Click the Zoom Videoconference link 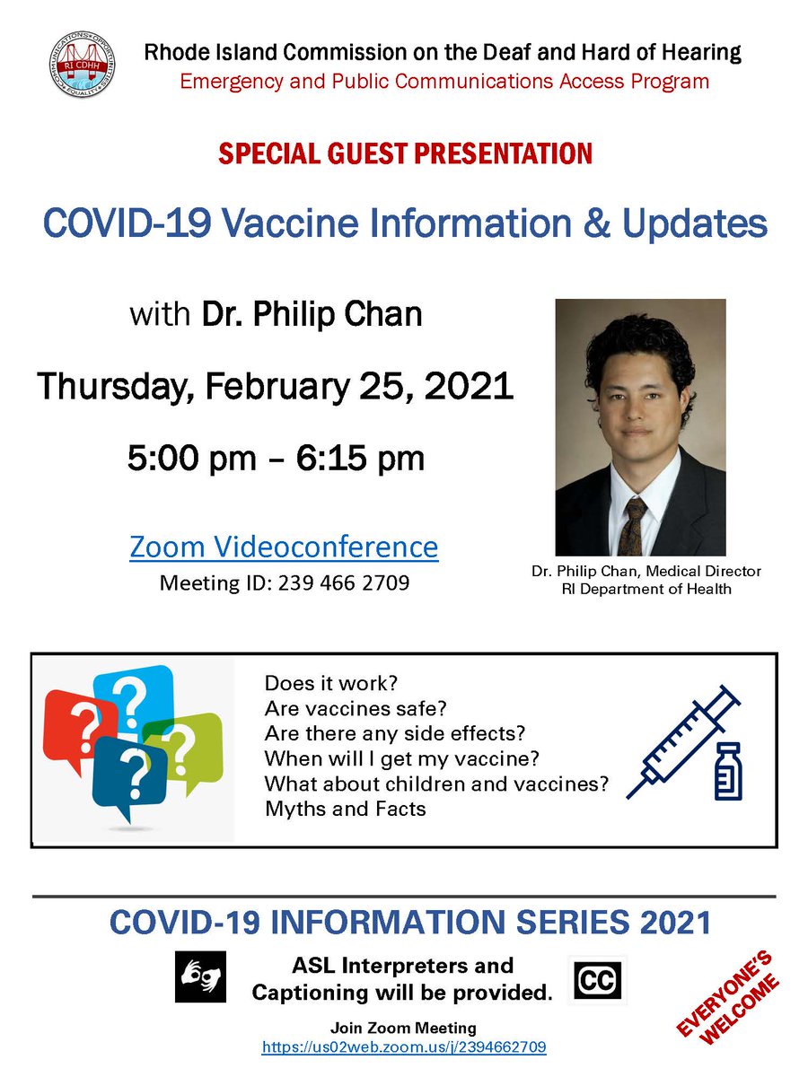coord(284,546)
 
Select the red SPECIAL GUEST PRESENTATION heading coord(405,153)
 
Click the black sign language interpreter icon coord(200,976)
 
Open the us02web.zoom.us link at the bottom coord(404,1046)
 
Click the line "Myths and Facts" coord(346,809)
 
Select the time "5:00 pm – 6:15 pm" coord(276,460)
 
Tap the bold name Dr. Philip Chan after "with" coord(312,315)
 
